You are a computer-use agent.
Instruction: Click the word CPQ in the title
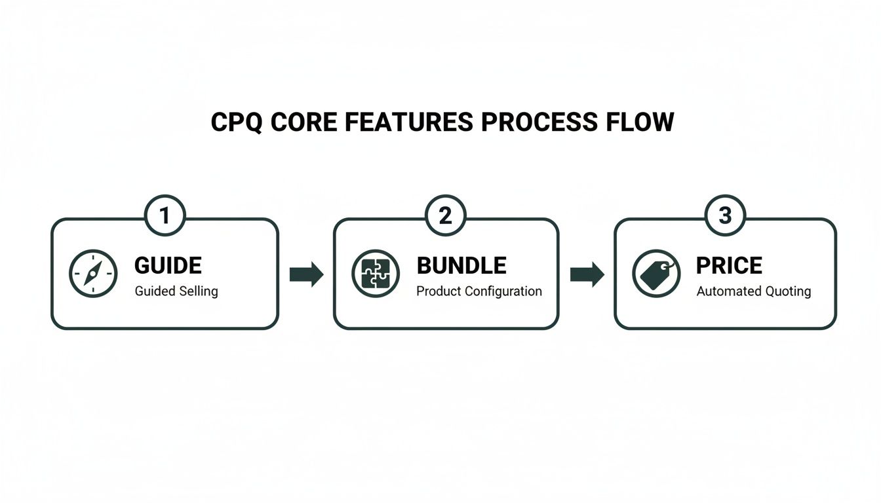point(237,122)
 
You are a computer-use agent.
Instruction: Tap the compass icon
point(93,274)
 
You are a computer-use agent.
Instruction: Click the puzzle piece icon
point(376,274)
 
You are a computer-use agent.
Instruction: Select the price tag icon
point(656,274)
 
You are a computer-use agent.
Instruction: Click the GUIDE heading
point(168,266)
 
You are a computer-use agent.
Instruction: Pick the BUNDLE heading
point(461,266)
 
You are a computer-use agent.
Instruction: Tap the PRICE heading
point(729,266)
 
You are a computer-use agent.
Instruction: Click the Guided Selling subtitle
point(176,291)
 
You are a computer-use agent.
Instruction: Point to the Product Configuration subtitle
point(479,291)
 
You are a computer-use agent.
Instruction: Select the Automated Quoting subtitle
point(753,291)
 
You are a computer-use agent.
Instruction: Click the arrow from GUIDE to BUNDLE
point(307,274)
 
